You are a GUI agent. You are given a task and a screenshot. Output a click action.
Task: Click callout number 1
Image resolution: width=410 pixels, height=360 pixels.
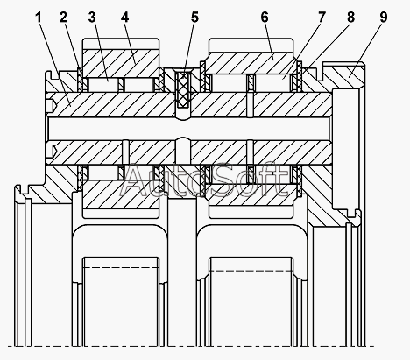(x=39, y=18)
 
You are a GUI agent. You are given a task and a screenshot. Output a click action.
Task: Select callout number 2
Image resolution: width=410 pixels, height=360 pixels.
(x=63, y=18)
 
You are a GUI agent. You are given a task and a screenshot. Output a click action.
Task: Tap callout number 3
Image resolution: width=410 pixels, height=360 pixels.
(x=92, y=18)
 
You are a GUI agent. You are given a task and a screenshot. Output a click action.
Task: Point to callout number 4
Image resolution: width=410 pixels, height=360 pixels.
(x=124, y=18)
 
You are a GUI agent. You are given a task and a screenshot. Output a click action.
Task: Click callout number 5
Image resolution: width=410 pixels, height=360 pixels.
(x=194, y=18)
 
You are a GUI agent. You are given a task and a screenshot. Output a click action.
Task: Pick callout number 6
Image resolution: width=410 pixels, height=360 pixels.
(x=265, y=18)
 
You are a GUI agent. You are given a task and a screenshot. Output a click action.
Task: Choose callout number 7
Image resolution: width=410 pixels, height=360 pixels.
(x=322, y=18)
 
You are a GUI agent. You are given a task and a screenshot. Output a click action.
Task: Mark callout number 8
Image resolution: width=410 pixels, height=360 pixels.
(x=350, y=18)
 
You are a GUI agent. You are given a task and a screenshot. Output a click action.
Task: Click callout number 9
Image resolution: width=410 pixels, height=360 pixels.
(x=384, y=18)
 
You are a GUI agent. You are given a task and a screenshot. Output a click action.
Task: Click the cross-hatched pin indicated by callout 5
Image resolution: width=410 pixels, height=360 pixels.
(x=183, y=90)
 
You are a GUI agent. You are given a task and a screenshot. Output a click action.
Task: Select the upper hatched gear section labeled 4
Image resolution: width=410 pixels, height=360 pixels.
(x=121, y=63)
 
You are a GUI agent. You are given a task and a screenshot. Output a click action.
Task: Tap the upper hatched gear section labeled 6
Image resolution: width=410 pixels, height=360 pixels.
(x=251, y=63)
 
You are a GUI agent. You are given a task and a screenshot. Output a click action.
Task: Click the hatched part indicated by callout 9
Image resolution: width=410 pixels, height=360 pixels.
(x=348, y=76)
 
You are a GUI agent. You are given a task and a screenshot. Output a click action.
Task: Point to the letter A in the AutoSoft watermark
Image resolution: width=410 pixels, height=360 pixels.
(x=133, y=180)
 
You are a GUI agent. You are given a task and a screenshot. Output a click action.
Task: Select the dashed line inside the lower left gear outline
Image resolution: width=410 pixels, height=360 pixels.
(x=121, y=267)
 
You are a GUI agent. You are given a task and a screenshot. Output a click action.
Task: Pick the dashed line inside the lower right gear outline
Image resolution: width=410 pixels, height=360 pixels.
(x=251, y=271)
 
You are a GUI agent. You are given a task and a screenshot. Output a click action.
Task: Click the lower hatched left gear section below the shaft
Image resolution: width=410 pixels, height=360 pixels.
(x=121, y=194)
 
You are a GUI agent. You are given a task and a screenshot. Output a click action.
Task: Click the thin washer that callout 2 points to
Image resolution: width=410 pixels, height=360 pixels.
(x=80, y=80)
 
